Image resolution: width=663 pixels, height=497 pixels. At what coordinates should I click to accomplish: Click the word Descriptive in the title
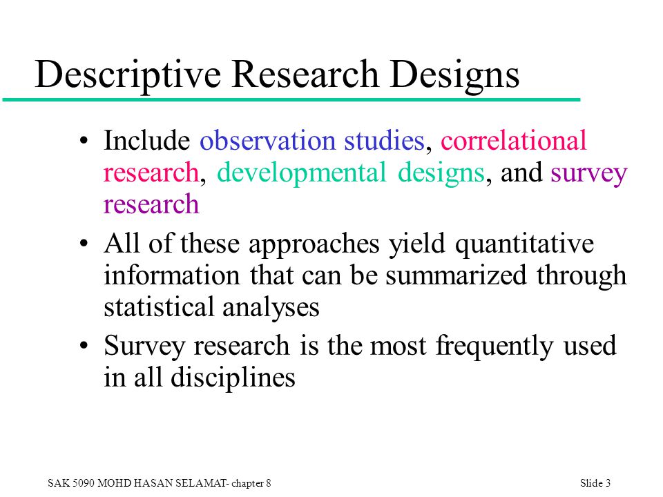128,75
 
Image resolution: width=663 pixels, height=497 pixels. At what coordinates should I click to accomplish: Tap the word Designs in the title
454,75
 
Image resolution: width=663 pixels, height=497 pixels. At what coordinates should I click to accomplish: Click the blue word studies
385,140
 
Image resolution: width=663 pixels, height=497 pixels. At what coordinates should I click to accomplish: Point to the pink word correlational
513,140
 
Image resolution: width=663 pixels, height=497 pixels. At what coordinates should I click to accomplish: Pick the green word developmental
302,173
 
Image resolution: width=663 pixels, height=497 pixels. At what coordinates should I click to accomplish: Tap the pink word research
151,173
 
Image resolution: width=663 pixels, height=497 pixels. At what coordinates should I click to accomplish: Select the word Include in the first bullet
146,140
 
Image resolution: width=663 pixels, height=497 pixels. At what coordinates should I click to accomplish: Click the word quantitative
524,244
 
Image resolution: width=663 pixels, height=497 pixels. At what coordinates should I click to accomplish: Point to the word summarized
456,275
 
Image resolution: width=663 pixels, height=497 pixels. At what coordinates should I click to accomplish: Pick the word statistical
159,306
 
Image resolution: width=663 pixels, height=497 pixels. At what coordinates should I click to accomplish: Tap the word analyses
271,308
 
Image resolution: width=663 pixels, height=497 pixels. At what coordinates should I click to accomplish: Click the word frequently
494,347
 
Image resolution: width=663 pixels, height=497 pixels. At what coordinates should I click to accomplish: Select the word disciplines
233,377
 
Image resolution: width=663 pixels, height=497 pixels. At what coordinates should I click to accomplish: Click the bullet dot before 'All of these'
84,244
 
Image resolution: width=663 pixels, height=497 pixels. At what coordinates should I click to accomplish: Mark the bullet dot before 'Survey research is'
84,346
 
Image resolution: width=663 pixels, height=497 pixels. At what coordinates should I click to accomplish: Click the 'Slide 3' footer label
595,483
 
